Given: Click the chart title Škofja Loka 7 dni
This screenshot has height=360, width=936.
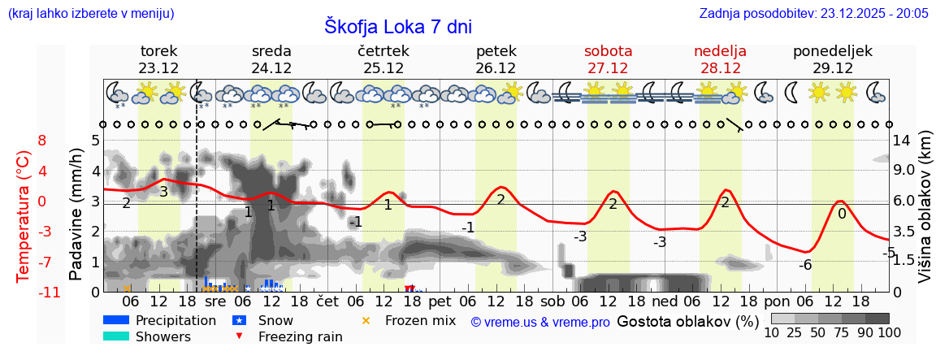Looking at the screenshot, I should click(x=398, y=26).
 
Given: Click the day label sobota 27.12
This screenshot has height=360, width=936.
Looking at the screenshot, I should click(x=608, y=59).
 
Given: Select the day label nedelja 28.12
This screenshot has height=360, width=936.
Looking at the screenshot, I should click(x=720, y=59).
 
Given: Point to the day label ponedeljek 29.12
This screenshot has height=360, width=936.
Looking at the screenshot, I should click(x=833, y=59).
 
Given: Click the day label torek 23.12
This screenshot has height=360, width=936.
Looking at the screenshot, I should click(x=158, y=59).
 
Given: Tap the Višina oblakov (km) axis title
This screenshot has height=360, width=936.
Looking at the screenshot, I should click(x=925, y=215).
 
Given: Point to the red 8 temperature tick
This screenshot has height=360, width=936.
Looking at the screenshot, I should click(x=42, y=140).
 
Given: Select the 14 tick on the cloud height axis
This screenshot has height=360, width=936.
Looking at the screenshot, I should click(x=901, y=140).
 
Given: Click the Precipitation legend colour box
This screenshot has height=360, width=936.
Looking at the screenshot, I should click(x=116, y=320).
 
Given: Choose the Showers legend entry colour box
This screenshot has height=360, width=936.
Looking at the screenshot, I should click(x=116, y=336).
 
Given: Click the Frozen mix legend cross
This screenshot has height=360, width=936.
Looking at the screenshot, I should click(x=366, y=320).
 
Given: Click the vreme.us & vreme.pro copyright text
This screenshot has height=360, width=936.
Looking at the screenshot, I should click(x=540, y=322).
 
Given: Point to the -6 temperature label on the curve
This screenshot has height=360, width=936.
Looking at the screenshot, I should click(x=804, y=265).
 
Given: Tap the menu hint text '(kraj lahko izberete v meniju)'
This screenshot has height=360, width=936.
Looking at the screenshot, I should click(x=90, y=13).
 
